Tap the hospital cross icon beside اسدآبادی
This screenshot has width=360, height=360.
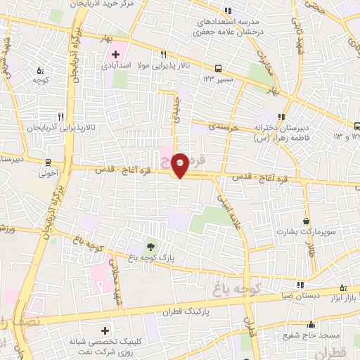(116, 54)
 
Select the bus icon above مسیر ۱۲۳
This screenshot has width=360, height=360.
(219, 69)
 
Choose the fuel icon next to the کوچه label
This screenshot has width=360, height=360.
(40, 70)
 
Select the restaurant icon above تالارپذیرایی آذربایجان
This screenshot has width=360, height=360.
(60, 117)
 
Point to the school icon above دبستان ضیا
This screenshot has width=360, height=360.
(301, 285)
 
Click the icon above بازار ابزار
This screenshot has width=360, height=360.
(343, 288)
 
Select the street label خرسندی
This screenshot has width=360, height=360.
(225, 127)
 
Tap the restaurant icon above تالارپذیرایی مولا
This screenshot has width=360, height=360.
(163, 54)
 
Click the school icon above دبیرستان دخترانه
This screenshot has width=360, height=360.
(281, 117)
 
